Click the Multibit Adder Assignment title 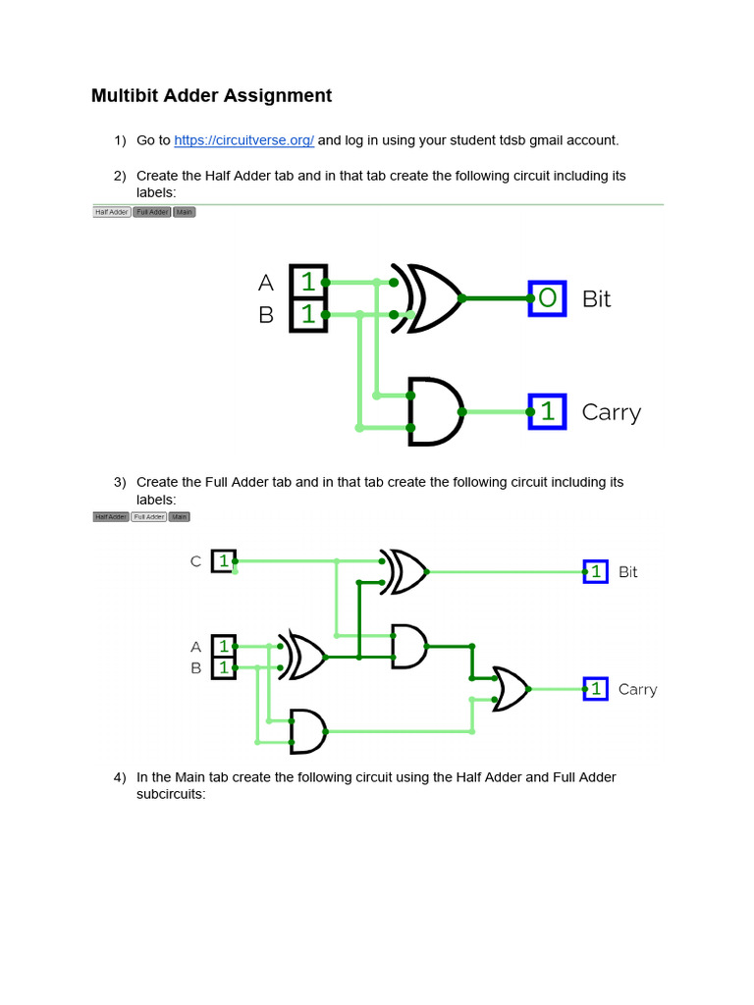coord(211,95)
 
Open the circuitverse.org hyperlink coord(243,140)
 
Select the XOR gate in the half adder coord(428,297)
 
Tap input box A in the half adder coord(308,282)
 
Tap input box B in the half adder coord(308,315)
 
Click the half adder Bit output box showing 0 coord(547,297)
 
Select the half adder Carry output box coord(547,412)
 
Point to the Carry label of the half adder coord(611,412)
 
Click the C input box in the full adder coord(223,561)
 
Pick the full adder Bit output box coord(595,571)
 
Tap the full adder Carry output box coord(595,689)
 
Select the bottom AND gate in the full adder coord(308,731)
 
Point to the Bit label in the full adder coord(627,571)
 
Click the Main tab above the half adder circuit coord(184,212)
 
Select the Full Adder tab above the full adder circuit coord(148,516)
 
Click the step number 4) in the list coord(120,777)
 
